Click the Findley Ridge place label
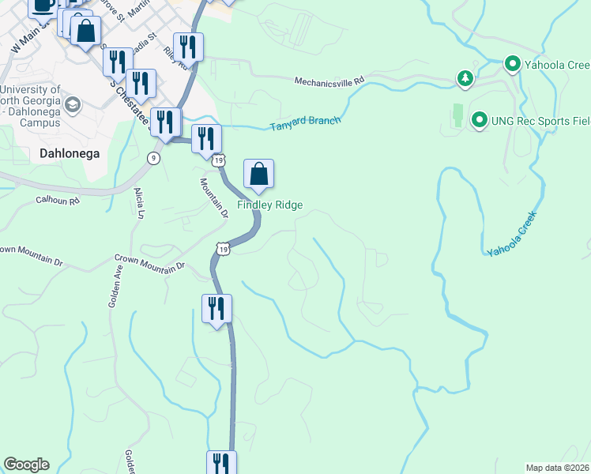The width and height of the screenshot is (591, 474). coord(271,205)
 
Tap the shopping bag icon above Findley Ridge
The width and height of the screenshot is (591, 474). coord(258,174)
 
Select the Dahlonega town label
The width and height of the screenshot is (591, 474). coord(70,154)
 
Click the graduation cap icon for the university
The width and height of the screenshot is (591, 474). coord(73,103)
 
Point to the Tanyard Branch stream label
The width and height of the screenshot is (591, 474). coord(305,123)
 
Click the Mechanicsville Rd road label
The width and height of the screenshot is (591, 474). coord(329,81)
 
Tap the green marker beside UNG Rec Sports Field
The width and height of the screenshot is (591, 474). coord(478,120)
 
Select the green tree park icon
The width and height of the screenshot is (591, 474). coord(465,77)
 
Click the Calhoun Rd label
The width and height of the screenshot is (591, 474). coord(58,201)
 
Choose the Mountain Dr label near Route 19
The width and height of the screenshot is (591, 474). coord(213,197)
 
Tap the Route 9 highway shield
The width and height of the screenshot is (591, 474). coord(153,158)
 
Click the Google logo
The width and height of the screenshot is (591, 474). coord(26,465)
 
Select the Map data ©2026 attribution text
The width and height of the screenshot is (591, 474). coord(557,468)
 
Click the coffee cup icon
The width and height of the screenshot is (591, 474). coord(43,6)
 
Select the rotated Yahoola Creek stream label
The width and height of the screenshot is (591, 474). coord(512,232)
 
